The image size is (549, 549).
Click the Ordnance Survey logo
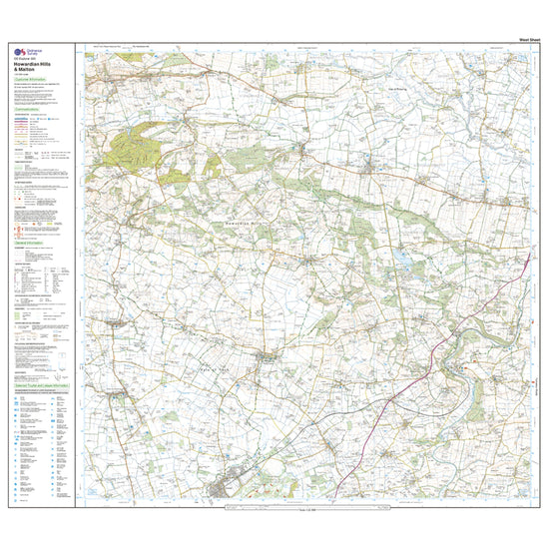[20, 54]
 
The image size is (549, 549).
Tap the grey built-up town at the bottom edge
[227, 490]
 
